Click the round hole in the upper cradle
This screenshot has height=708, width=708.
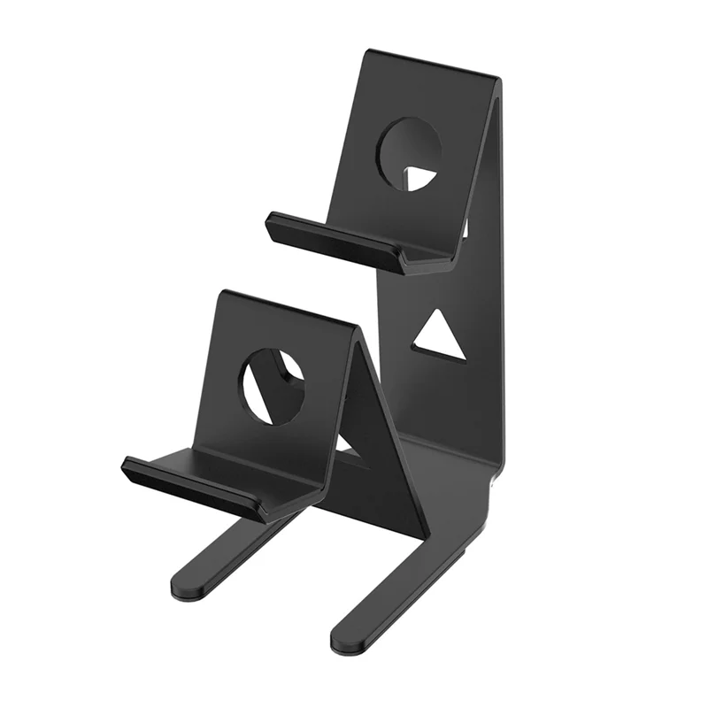tap(409, 152)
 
